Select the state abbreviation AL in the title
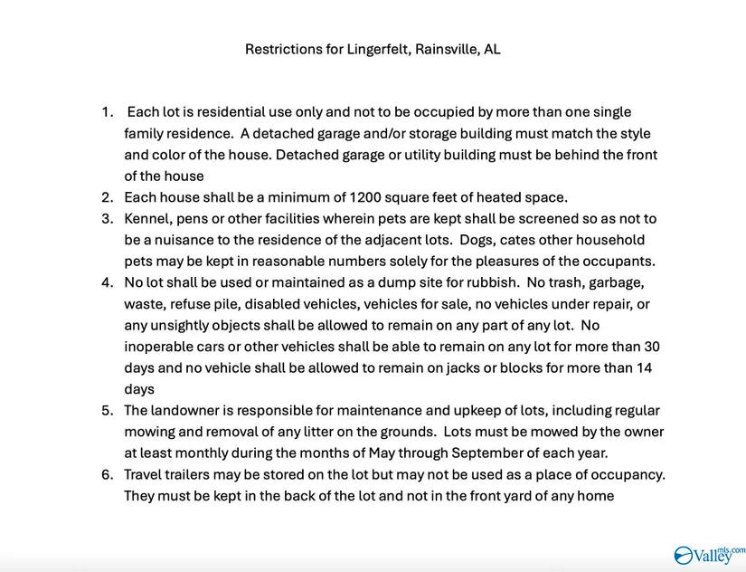[492, 50]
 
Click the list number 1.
[107, 112]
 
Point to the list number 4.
[107, 282]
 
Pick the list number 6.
[107, 475]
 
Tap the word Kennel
[146, 219]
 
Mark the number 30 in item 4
[651, 347]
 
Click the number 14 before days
[644, 368]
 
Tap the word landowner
[189, 411]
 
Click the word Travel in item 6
[145, 475]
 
